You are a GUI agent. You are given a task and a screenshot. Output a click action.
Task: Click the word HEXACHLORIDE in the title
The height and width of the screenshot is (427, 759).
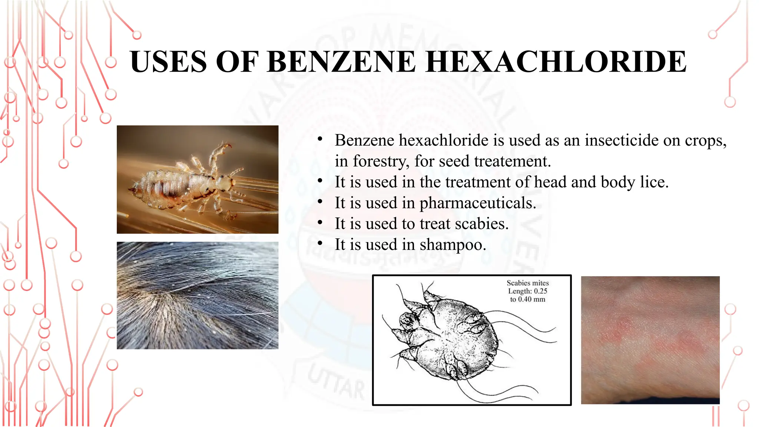[x=556, y=62]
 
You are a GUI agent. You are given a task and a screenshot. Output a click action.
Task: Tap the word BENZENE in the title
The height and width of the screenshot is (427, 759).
[x=341, y=62]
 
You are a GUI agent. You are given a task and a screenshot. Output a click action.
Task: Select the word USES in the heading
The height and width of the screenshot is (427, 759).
[x=168, y=62]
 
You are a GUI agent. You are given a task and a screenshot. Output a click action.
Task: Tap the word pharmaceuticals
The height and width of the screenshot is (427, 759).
[x=478, y=203]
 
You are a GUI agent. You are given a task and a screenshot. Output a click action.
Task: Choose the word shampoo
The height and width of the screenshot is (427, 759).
[x=453, y=245]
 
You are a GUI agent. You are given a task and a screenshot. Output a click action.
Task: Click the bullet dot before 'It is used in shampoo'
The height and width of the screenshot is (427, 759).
[x=320, y=243]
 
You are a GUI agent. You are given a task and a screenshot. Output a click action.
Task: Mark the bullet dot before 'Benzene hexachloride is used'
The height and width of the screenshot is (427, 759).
[x=320, y=139]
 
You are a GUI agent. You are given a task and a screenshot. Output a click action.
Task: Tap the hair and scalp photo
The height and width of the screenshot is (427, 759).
[x=198, y=295]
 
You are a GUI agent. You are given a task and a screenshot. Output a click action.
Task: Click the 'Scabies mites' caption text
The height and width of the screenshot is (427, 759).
[x=527, y=283]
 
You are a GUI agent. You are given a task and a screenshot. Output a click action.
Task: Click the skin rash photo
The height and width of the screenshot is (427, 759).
[x=650, y=340]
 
